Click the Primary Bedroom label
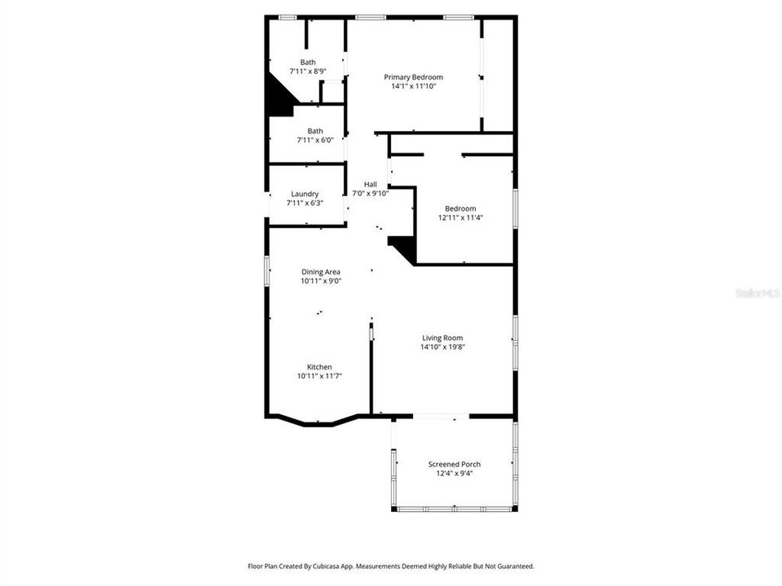[x=413, y=77]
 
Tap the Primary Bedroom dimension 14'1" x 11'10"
[x=413, y=86]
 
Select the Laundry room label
[x=305, y=194]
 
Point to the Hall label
[x=371, y=184]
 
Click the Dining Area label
[x=321, y=272]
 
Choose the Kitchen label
[x=319, y=367]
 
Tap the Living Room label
[x=442, y=338]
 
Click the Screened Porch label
[x=455, y=464]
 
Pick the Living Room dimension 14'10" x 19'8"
[x=442, y=347]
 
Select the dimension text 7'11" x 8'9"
[x=308, y=72]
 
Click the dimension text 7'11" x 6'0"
[x=314, y=140]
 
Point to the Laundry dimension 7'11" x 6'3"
[x=305, y=203]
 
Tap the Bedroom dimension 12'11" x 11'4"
[x=460, y=217]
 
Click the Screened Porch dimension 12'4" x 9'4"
[x=455, y=473]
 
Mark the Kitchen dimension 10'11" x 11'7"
[x=319, y=376]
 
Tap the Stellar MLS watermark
[x=756, y=292]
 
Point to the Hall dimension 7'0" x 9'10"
[x=371, y=193]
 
